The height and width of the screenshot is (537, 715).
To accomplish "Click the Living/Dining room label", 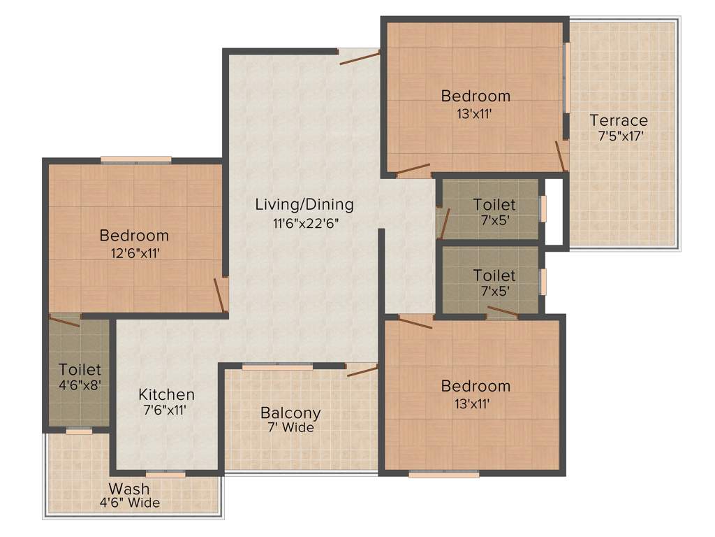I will tap(304, 205).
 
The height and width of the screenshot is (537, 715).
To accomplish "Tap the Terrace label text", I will tap(619, 120).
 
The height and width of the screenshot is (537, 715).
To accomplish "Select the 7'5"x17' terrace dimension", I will tap(620, 136).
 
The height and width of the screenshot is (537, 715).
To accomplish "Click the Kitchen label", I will tap(166, 394).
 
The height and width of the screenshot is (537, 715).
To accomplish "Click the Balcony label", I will tap(290, 412).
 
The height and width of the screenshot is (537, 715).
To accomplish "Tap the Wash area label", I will tap(129, 488).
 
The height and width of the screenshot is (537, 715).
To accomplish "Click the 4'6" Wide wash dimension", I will tap(129, 503).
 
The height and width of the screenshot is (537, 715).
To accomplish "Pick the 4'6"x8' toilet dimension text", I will tap(80, 385).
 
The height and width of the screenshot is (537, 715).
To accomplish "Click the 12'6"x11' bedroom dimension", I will tap(134, 252).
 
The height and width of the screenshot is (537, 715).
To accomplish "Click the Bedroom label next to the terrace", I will tap(476, 96).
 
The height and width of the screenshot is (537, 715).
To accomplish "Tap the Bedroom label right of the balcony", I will tap(476, 386).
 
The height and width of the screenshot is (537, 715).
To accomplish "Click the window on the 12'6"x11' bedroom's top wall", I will tap(136, 159).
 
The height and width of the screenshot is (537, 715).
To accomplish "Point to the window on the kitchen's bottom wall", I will tap(165, 474).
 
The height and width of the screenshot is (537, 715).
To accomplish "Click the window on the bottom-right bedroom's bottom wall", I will tap(444, 474).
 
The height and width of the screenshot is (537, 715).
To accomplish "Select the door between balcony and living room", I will tap(362, 370).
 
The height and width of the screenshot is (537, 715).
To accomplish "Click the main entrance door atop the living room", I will tap(359, 57).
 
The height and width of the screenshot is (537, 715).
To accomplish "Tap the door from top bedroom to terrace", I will tap(561, 155).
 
